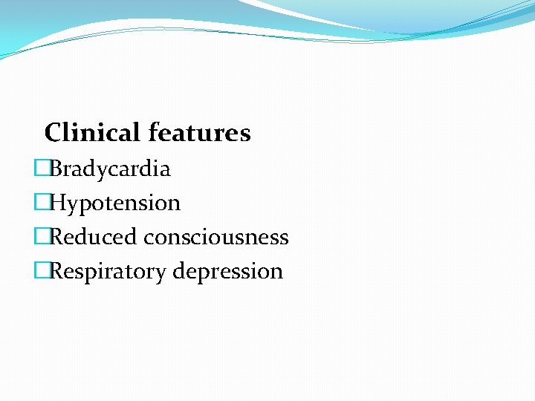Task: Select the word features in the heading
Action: [199, 133]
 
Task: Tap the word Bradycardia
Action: [110, 169]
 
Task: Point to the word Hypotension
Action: [115, 203]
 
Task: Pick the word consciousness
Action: [216, 238]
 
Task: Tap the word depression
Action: [228, 272]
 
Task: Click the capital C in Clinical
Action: [53, 133]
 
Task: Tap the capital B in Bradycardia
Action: [56, 169]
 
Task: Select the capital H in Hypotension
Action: [57, 203]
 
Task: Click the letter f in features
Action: [153, 132]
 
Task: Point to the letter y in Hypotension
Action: [73, 206]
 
